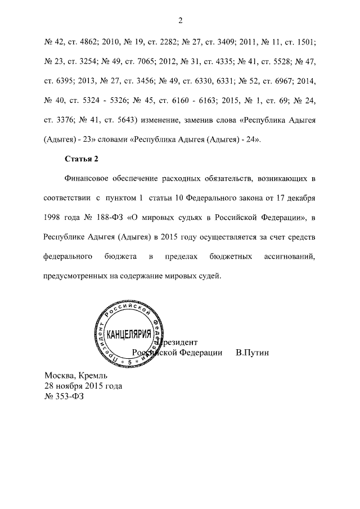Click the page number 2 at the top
180,21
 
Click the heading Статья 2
82,159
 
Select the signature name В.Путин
253,353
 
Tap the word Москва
60,375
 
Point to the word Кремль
94,375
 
